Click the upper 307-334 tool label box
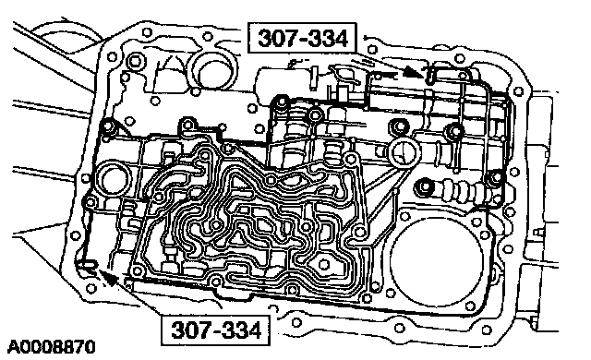tap(302, 38)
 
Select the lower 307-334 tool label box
tap(215, 330)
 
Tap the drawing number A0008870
tap(51, 347)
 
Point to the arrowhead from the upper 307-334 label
tap(413, 72)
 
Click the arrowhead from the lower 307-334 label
tap(109, 279)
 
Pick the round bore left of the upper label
tap(212, 72)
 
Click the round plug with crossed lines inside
tap(404, 152)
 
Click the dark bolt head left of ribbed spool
tap(423, 186)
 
